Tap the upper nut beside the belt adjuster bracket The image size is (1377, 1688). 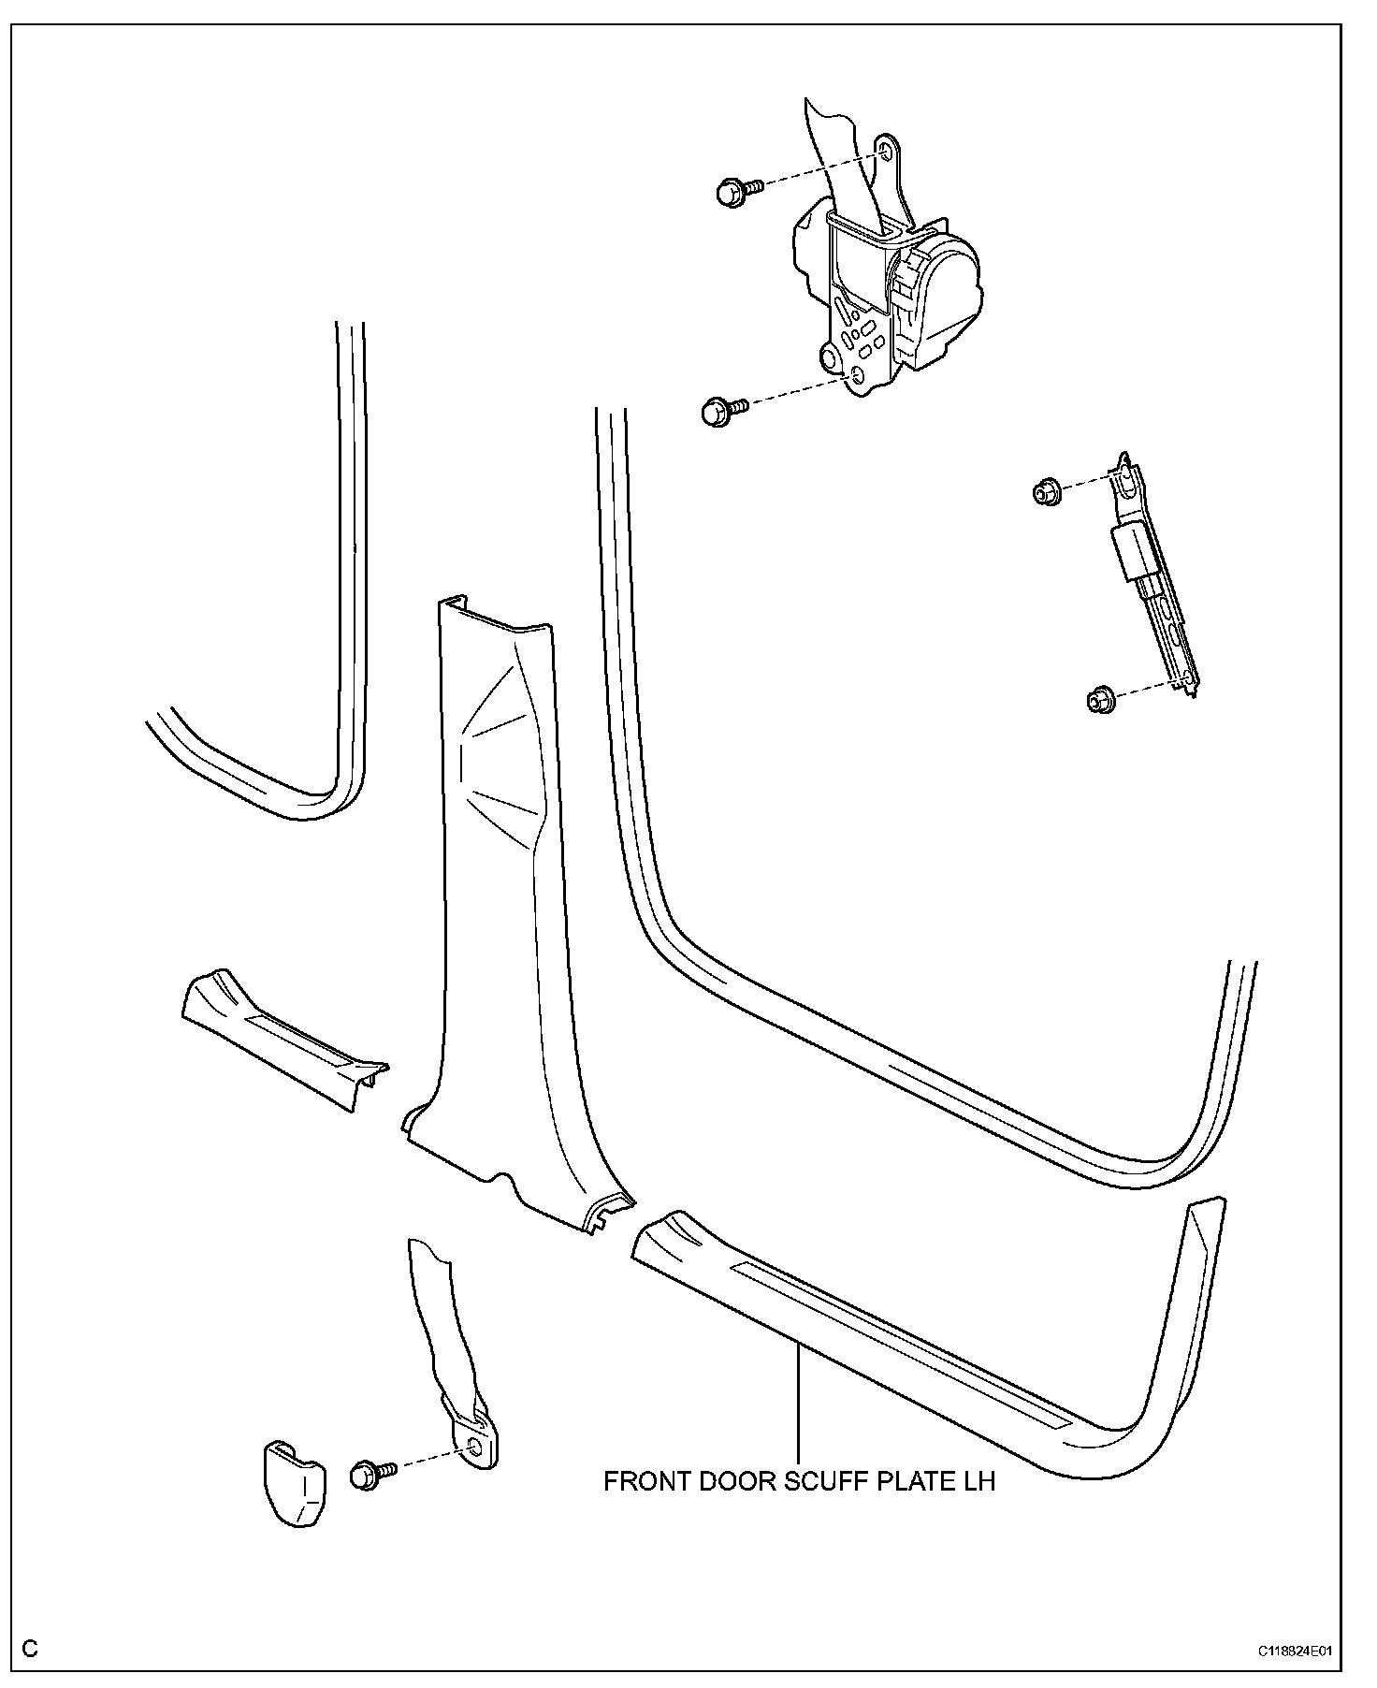[x=1045, y=491]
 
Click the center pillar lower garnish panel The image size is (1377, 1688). [x=505, y=936]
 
